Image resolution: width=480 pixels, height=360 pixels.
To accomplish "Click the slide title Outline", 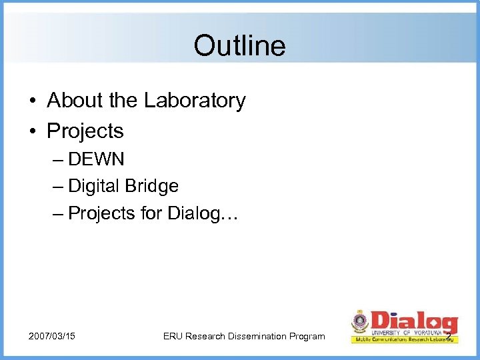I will click(x=239, y=46).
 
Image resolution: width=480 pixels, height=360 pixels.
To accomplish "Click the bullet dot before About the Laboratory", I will click(x=32, y=101).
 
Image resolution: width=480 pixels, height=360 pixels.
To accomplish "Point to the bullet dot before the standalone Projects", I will click(x=32, y=131).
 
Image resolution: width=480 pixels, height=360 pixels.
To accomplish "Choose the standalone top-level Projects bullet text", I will click(x=85, y=131).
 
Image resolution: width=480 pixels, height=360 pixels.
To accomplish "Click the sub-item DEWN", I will click(x=96, y=161).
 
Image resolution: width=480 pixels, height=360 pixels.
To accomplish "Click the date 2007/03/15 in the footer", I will click(x=52, y=336).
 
